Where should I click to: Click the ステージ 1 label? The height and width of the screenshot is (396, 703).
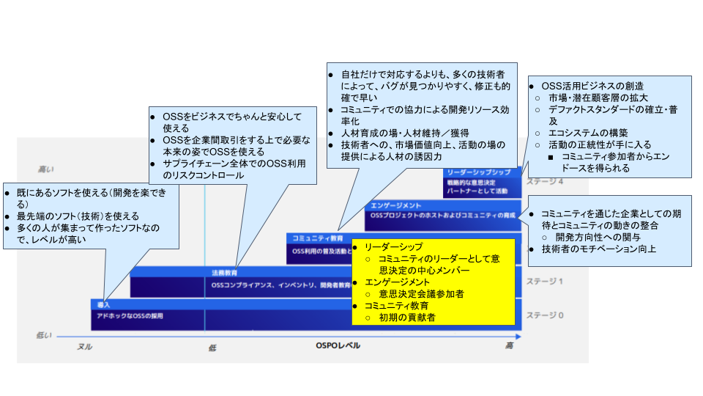pyautogui.click(x=543, y=282)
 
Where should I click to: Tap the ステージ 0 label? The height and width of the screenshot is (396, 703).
pyautogui.click(x=543, y=315)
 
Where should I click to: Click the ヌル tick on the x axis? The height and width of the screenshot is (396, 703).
pyautogui.click(x=85, y=347)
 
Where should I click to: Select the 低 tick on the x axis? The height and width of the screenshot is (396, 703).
pyautogui.click(x=212, y=348)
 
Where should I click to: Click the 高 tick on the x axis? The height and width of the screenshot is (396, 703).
pyautogui.click(x=509, y=346)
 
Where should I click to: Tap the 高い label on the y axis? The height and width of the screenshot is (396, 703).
pyautogui.click(x=46, y=169)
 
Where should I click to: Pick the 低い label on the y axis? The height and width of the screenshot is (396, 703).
pyautogui.click(x=45, y=335)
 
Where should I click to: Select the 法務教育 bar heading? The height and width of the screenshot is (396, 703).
pyautogui.click(x=224, y=272)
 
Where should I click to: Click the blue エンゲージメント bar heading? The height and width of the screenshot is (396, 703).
pyautogui.click(x=396, y=205)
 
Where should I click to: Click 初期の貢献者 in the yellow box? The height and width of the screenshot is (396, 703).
pyautogui.click(x=407, y=318)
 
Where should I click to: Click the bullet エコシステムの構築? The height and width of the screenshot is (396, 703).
pyautogui.click(x=589, y=133)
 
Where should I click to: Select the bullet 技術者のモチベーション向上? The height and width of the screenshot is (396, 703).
pyautogui.click(x=599, y=249)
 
